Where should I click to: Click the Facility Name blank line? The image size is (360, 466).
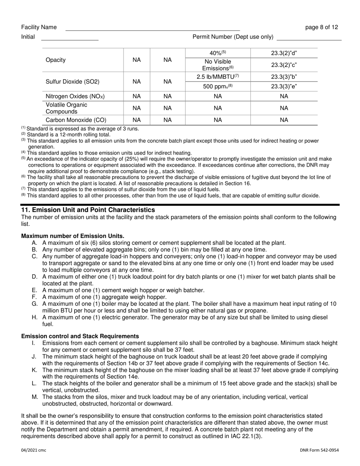152,29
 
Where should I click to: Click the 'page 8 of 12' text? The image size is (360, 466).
322,27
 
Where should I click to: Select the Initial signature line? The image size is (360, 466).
69,39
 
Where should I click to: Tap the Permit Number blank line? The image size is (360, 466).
309,39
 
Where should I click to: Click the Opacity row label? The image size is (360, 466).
56,60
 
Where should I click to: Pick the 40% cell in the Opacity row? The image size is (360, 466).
218,53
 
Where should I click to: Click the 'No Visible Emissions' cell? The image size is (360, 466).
218,65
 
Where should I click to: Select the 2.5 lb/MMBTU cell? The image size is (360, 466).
218,77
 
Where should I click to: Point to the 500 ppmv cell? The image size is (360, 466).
218,86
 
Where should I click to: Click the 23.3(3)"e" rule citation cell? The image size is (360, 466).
284,86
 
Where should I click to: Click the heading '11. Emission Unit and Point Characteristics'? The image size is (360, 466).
88,210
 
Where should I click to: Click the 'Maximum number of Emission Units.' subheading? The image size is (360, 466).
73,236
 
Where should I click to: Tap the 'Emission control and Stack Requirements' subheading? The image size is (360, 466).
80,336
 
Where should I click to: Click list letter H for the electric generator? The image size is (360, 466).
34,317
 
